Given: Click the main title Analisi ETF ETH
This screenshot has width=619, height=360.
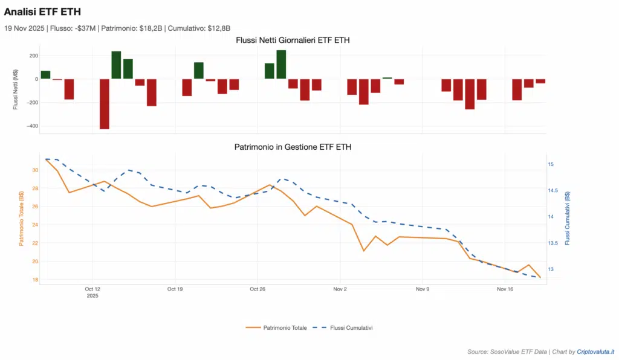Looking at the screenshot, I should click(x=42, y=11).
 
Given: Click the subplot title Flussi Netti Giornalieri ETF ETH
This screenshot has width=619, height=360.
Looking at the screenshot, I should click(x=293, y=40).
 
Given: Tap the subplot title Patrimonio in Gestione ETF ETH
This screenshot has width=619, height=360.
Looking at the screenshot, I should click(x=293, y=147).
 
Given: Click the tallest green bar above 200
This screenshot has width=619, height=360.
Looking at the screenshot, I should click(x=281, y=64).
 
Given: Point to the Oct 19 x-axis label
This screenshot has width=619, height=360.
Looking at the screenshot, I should click(x=175, y=289).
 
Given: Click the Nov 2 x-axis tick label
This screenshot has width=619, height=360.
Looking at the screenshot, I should click(x=340, y=289).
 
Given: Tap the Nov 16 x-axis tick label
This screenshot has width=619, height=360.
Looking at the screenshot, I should click(x=505, y=289).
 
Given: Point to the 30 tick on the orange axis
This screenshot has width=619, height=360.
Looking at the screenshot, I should click(x=34, y=170).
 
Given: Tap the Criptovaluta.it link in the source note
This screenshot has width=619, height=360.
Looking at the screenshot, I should click(x=595, y=352).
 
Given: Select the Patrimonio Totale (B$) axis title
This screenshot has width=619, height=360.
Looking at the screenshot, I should click(x=21, y=219).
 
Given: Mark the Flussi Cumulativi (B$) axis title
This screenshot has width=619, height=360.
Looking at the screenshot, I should click(x=567, y=218).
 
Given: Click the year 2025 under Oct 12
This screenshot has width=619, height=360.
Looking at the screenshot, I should click(x=92, y=296).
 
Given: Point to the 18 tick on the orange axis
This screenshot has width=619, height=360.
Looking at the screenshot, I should click(x=34, y=280).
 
